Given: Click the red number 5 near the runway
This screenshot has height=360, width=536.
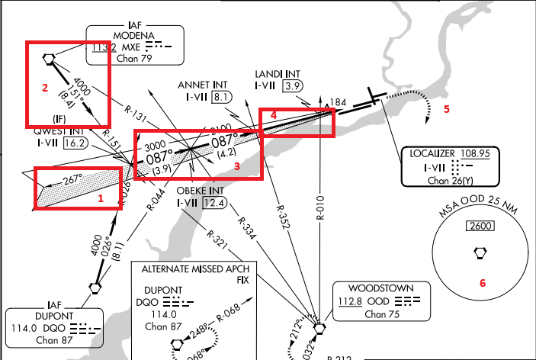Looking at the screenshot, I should coord(447,108).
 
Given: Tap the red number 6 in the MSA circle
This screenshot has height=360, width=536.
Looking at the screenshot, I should coord(482,282).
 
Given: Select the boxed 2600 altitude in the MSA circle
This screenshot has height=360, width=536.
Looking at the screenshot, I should coord(480,227).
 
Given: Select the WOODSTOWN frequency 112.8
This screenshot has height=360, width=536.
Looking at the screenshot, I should coord(348,301).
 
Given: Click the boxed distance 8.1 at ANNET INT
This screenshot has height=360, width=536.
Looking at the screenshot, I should coord(221,97).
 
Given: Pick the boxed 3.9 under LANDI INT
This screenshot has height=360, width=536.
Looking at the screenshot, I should coord(292,86).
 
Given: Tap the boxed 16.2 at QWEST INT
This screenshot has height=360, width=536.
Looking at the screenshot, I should coord(75,142).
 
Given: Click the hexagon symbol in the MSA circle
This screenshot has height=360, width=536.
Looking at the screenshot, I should coord(480,251).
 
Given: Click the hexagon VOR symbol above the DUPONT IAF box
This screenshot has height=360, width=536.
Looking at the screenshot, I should coord(95,288).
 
